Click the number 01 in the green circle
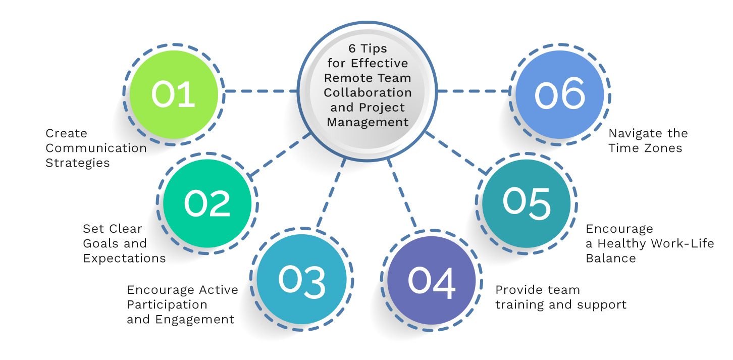coord(173,95)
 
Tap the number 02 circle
coord(207,204)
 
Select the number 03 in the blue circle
coord(301,281)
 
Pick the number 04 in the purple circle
coord(432,281)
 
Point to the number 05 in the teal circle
coord(526,204)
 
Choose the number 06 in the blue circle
coord(560,95)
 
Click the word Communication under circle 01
coord(96,148)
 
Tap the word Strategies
coord(78,163)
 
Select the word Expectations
coord(124,258)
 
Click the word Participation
coord(167,304)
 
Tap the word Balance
coord(610,258)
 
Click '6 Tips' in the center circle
coord(366,49)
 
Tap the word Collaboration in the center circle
coord(368,93)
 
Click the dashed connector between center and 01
coord(260,91)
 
